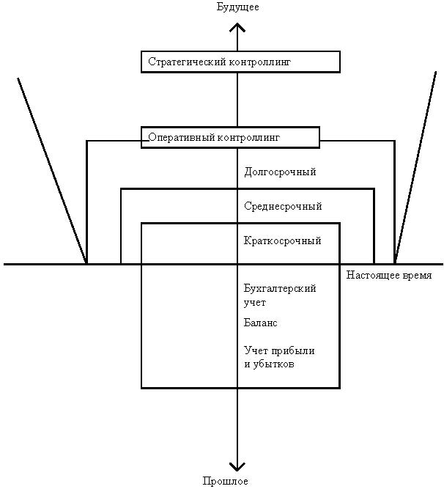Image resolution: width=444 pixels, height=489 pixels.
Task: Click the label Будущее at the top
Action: tap(237, 7)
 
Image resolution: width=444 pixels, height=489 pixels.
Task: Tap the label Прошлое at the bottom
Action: tap(226, 482)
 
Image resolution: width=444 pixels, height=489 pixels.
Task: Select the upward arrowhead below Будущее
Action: tap(237, 27)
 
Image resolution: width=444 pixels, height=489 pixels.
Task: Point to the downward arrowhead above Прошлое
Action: tap(237, 465)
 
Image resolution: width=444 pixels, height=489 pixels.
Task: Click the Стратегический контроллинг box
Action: tap(240, 62)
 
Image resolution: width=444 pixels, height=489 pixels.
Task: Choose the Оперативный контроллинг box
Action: tap(230, 137)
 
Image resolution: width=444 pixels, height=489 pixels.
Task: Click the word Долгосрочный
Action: tap(280, 172)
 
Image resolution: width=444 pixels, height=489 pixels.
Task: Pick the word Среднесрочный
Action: tap(283, 207)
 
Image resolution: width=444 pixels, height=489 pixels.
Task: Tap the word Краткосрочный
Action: tap(282, 241)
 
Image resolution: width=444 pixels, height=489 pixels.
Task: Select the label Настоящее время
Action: tap(389, 276)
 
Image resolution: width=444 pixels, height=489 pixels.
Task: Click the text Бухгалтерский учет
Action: tap(280, 295)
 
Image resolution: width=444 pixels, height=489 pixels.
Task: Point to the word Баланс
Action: tap(261, 323)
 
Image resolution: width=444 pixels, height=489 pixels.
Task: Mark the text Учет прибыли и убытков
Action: tap(279, 357)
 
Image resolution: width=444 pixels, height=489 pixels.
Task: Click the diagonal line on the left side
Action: tap(51, 169)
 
